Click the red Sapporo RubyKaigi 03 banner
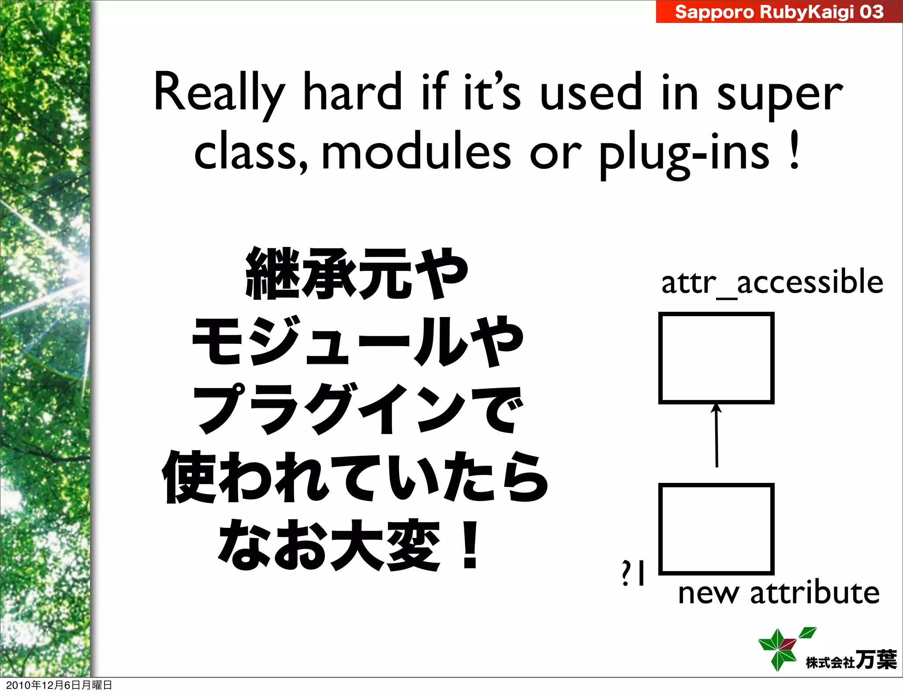click(779, 12)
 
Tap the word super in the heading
click(780, 95)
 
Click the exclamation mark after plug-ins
click(794, 151)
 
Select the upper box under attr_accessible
click(716, 358)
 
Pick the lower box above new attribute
click(716, 529)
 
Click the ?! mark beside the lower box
click(633, 573)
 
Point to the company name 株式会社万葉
click(851, 660)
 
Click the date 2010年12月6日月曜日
click(59, 685)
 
